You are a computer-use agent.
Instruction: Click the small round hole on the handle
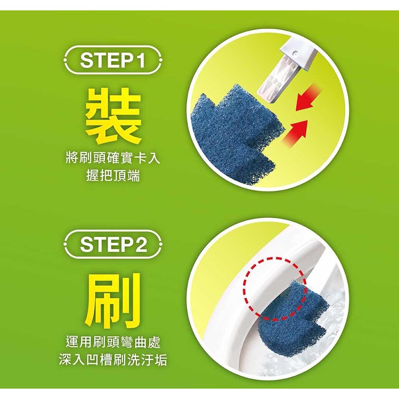(x=295, y=53)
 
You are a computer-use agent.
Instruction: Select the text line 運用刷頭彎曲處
(x=113, y=342)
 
